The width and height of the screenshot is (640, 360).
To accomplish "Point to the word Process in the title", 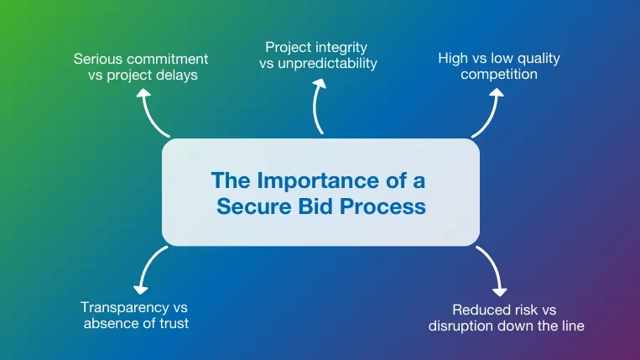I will tap(384, 206).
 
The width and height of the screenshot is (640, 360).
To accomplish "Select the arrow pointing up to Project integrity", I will tap(319, 107).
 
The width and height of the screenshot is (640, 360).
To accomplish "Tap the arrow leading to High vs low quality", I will tap(489, 113).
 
